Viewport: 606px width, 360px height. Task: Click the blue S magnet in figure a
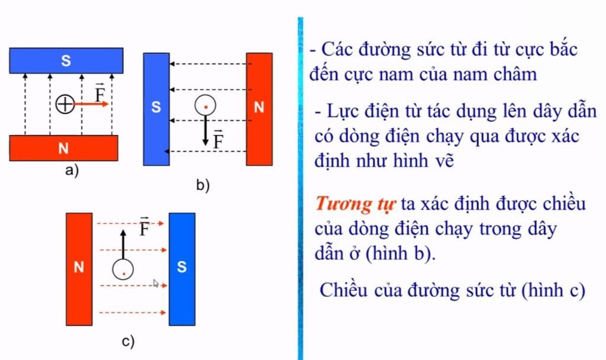click(66, 60)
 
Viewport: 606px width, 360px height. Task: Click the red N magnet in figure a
click(63, 147)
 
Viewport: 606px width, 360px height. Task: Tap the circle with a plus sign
click(65, 104)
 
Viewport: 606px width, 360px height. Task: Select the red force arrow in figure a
click(91, 104)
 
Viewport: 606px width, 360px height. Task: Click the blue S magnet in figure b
click(156, 109)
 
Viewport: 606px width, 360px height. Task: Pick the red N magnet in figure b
click(259, 109)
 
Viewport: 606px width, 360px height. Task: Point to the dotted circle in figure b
click(205, 105)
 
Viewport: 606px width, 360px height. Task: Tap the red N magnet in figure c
click(79, 269)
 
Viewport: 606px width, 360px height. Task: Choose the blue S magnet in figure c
click(182, 269)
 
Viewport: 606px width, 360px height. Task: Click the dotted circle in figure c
click(123, 269)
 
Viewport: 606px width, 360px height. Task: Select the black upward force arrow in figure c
click(123, 245)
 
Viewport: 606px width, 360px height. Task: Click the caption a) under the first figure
click(72, 170)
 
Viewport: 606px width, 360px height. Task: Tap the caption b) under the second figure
click(203, 185)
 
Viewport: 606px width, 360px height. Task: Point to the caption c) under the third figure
click(128, 342)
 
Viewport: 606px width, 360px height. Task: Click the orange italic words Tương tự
click(355, 204)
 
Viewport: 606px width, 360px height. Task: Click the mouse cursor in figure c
click(156, 284)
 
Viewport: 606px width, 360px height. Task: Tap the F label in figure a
click(100, 93)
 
